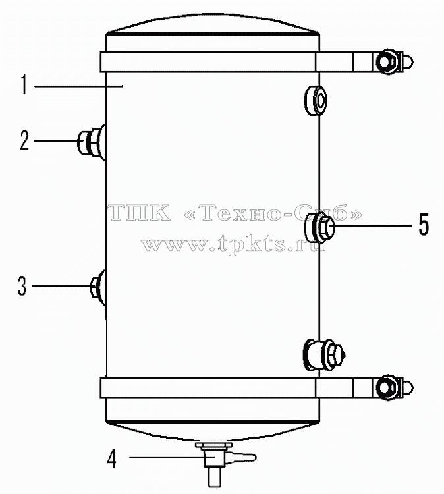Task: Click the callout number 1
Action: (x=24, y=84)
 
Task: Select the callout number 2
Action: (x=24, y=140)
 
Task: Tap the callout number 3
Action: (x=22, y=286)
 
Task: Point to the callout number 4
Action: (x=112, y=458)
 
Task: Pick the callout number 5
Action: (x=424, y=225)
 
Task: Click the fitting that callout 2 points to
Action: (x=91, y=142)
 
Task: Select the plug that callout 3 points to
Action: (x=98, y=287)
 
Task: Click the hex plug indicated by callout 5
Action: (x=319, y=227)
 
